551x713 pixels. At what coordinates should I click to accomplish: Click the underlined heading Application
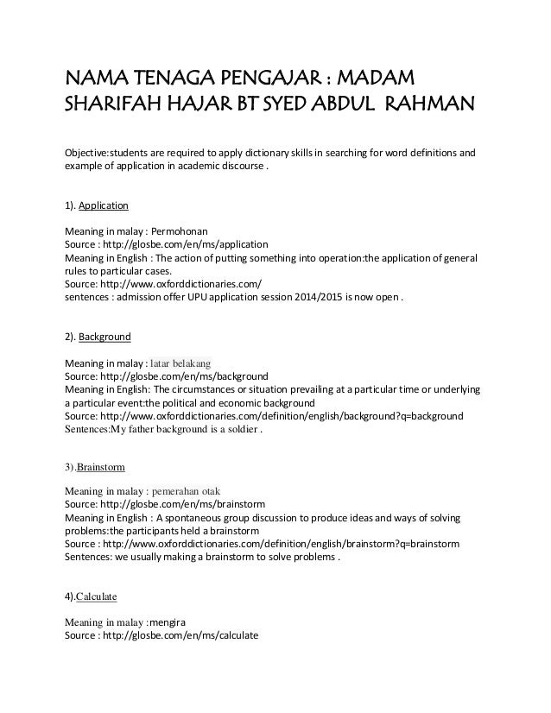(104, 207)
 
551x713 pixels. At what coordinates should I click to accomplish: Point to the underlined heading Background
(104, 338)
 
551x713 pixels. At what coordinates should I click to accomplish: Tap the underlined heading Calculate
(97, 596)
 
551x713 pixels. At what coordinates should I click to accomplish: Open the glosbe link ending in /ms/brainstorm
(187, 504)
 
